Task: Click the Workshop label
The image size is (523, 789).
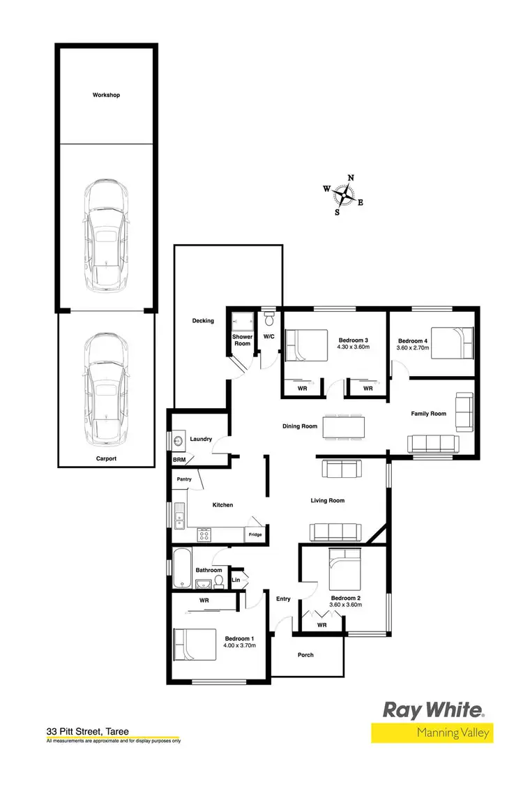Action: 106,95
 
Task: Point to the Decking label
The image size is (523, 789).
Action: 203,321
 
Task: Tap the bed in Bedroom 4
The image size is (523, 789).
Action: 452,343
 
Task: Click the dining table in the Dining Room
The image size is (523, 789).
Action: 344,426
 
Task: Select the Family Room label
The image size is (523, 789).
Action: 428,414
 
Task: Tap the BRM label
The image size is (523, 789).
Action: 179,460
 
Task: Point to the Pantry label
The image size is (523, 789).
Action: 184,479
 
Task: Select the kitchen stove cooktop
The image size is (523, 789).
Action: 205,535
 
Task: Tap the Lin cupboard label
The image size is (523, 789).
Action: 236,579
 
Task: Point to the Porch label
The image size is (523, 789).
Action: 305,655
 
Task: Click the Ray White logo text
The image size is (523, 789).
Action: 432,711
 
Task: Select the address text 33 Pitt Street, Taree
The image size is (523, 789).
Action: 87,731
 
